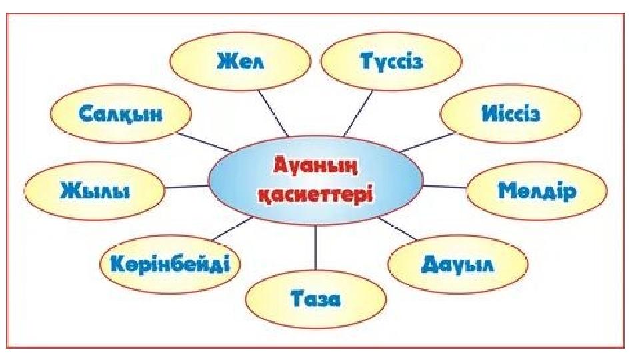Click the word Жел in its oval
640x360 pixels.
[x=241, y=62]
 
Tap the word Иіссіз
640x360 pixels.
[x=511, y=114]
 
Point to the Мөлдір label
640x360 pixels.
[x=537, y=191]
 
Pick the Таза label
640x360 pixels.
[x=315, y=299]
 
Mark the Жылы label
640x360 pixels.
[x=95, y=189]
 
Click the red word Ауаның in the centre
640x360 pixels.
[x=315, y=163]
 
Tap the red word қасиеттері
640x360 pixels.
[x=315, y=193]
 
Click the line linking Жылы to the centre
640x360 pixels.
[x=187, y=187]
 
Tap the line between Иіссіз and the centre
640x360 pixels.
[x=427, y=142]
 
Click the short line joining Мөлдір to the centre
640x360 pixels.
[x=445, y=186]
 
